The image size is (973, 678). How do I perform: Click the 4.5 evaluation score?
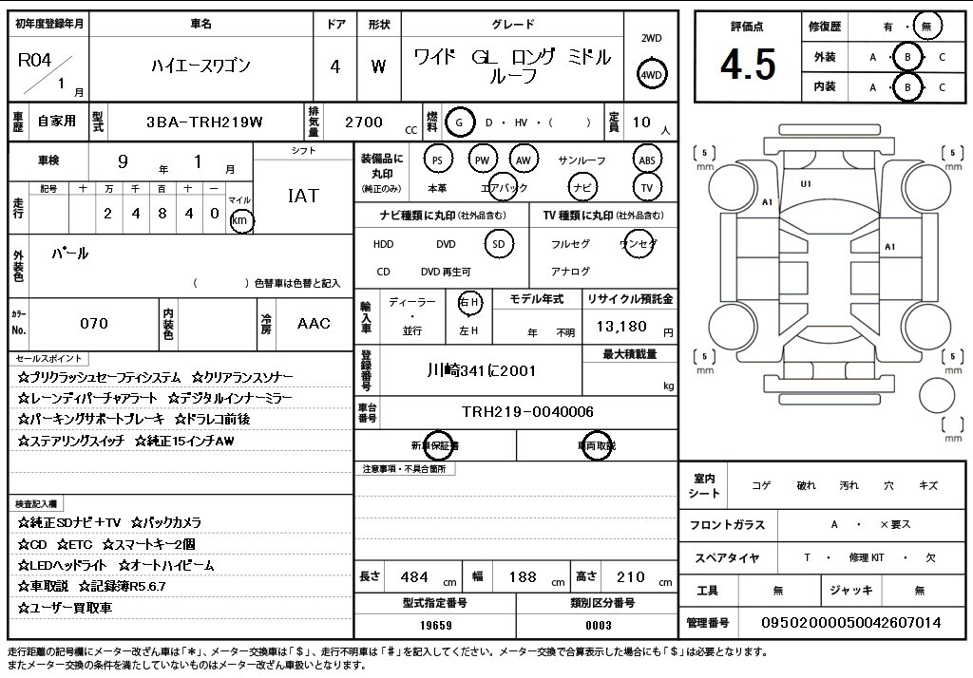[x=748, y=65]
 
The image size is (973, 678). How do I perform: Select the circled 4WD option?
[x=651, y=75]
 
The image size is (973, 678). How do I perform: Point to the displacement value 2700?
[x=364, y=122]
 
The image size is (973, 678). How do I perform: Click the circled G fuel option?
[x=459, y=122]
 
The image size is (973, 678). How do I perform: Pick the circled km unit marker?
[x=240, y=220]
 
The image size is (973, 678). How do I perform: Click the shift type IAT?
[x=303, y=196]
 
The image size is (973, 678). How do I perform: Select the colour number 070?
[x=94, y=323]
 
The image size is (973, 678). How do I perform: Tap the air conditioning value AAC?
[x=314, y=323]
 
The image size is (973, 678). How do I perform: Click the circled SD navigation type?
[x=499, y=244]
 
